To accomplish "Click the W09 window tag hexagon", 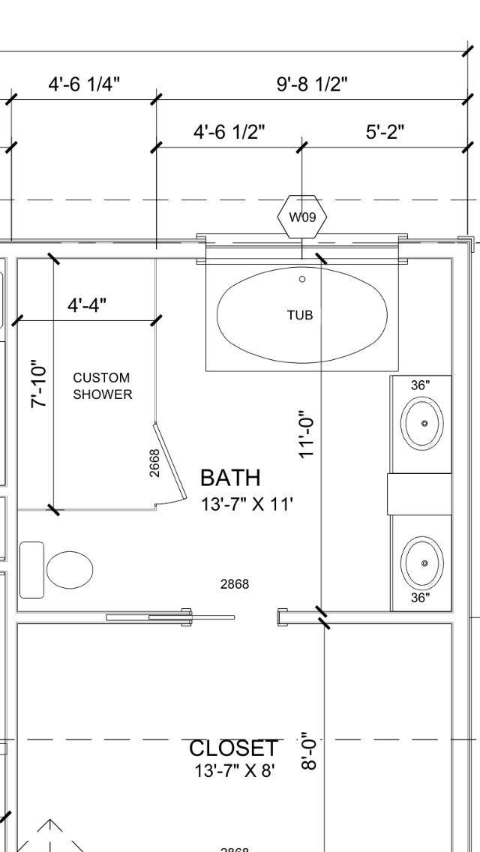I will tap(302, 217).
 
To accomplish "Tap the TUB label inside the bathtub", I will tap(300, 316).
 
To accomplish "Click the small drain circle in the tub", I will tap(302, 279).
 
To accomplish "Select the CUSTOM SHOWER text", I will tap(102, 386).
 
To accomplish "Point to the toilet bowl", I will tap(70, 570).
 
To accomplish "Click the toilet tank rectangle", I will tap(31, 570).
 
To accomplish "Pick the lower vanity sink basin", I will tap(423, 562).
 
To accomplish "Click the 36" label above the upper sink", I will tap(420, 385).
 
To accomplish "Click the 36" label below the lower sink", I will tap(420, 598).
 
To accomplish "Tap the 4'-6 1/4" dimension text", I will tap(84, 84).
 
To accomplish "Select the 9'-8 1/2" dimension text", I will tap(312, 84).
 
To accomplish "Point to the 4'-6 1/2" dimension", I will tap(229, 133).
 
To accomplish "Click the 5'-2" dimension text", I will tap(385, 133).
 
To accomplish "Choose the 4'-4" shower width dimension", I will tap(87, 306).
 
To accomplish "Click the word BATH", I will tap(230, 478).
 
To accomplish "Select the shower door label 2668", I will tap(154, 463).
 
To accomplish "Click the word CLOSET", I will tap(233, 748).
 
